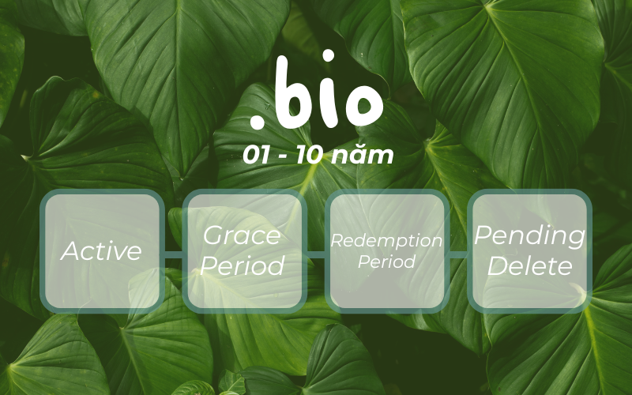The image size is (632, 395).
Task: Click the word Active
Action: [102, 251]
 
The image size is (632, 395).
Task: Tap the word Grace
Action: [242, 235]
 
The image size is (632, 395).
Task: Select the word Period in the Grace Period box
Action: [242, 265]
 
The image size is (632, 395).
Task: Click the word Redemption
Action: [386, 241]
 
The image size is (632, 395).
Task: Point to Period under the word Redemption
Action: [386, 261]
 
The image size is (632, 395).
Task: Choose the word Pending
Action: [529, 236]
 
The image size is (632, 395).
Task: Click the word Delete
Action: [529, 265]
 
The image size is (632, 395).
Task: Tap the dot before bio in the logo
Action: [257, 122]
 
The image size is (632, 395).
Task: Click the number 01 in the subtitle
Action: [258, 156]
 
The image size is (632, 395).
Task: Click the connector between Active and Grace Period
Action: [174, 254]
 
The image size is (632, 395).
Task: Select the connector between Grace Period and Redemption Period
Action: [316, 254]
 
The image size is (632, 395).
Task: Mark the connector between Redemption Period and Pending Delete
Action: [458, 254]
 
